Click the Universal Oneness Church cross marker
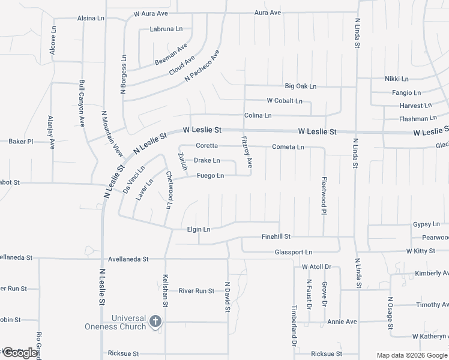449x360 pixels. [155, 322]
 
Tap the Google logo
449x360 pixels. [20, 353]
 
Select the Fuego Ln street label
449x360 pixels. [210, 176]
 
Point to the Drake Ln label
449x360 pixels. [206, 161]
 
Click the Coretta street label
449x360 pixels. [206, 146]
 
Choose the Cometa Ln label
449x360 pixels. [288, 147]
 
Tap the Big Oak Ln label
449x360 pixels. [300, 86]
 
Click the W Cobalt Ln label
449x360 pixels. [285, 101]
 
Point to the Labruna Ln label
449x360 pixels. [166, 29]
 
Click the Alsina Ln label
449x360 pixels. [91, 19]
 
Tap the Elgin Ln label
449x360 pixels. [199, 229]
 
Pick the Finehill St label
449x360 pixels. [276, 237]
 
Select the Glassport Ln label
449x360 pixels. [294, 253]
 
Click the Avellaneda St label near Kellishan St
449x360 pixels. [128, 259]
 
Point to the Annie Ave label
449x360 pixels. [342, 322]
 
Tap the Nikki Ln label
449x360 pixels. [396, 79]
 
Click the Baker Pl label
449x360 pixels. [20, 142]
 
